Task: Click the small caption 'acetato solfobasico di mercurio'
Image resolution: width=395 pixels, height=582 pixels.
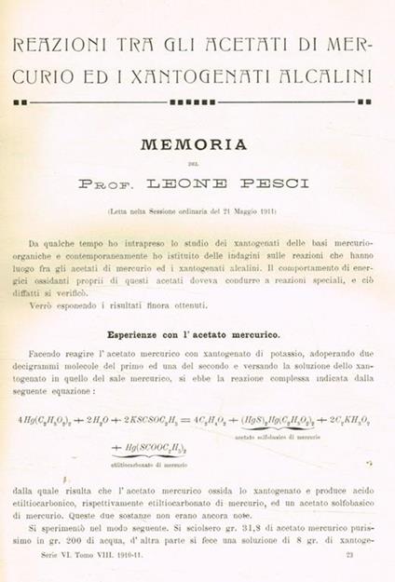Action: coord(279,436)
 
